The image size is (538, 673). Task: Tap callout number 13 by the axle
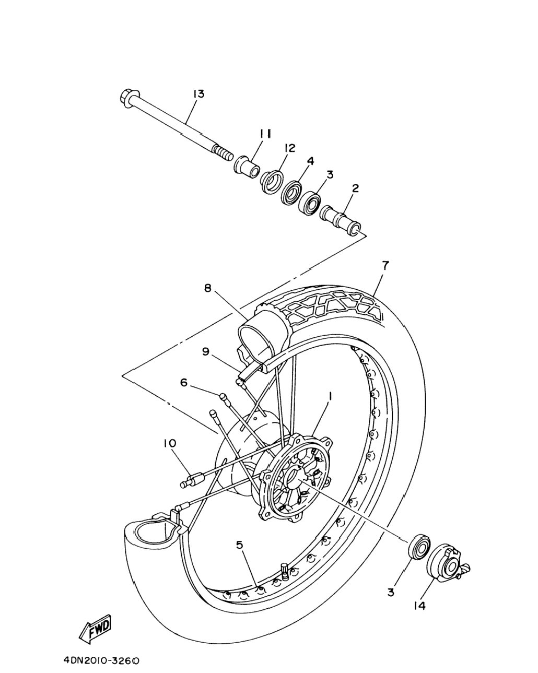pos(198,94)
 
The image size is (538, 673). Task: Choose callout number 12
pos(290,148)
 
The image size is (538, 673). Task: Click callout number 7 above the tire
pos(385,266)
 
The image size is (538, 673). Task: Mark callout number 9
pos(205,352)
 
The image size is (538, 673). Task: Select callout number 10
pos(169,443)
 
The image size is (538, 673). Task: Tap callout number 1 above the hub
pos(330,397)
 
